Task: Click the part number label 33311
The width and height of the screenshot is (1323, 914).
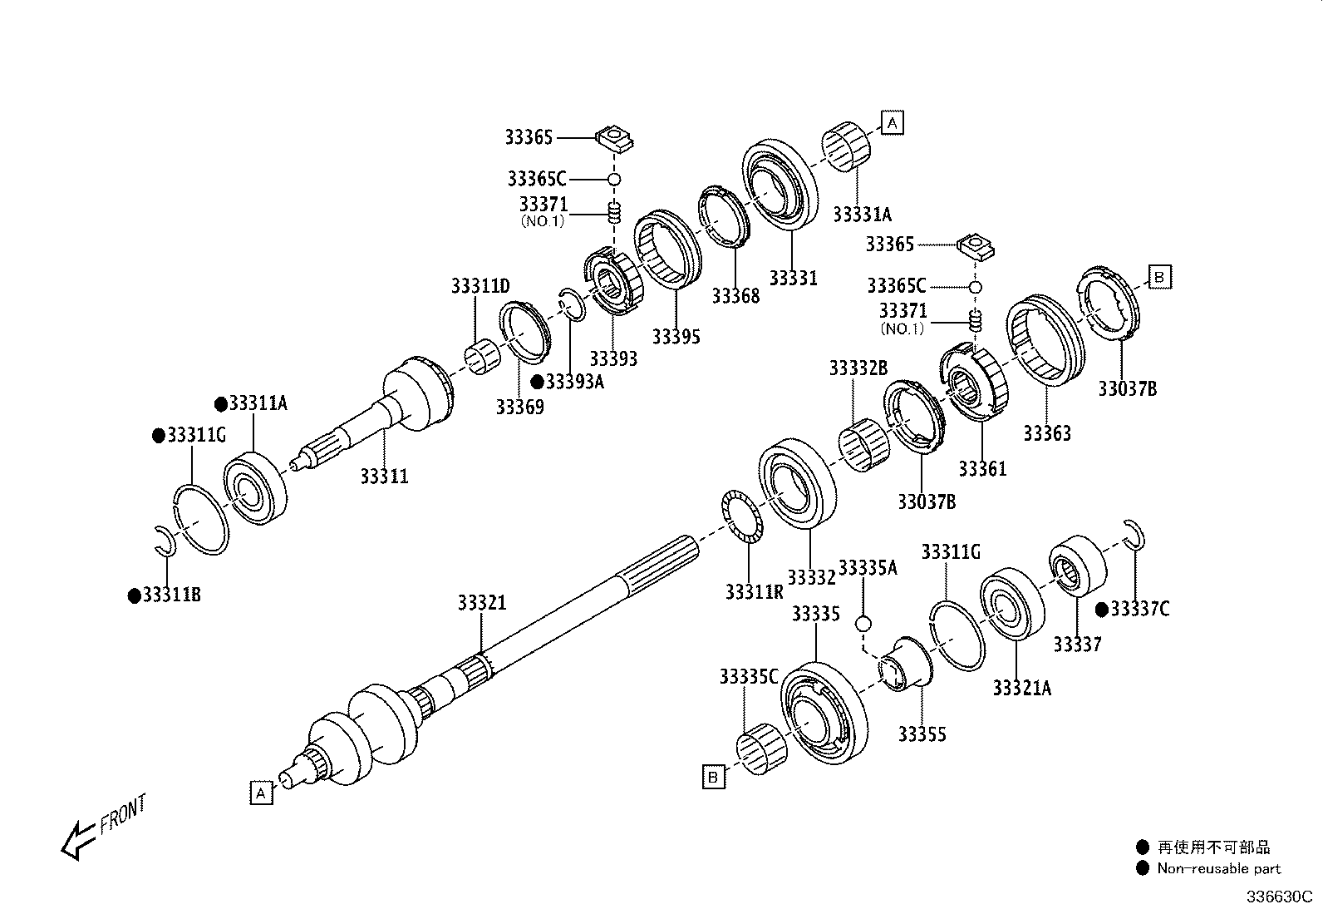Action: (384, 477)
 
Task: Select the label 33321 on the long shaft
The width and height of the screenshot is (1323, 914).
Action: (481, 603)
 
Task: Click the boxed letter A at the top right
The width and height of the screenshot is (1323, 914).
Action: (892, 123)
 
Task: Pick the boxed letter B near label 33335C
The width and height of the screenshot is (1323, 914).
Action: (713, 778)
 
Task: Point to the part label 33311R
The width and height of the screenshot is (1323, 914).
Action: (753, 591)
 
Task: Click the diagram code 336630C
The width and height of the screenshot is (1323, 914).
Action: (1277, 897)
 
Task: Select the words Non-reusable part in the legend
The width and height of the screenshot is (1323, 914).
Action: (1219, 868)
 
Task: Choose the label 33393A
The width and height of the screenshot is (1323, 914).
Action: (573, 382)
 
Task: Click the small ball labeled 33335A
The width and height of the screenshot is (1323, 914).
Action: (863, 623)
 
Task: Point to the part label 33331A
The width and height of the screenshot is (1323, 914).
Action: (862, 215)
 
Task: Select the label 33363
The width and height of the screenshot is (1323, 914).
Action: (1046, 433)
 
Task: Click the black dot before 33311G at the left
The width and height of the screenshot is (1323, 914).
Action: (158, 436)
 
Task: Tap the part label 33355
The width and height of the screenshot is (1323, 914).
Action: (922, 734)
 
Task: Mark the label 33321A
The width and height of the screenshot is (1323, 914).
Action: (1021, 688)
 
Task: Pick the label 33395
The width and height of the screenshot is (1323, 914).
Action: (676, 336)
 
